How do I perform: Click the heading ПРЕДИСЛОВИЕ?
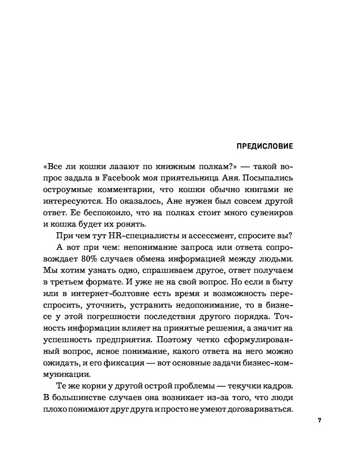click(264, 146)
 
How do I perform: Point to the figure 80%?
click(105, 259)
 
